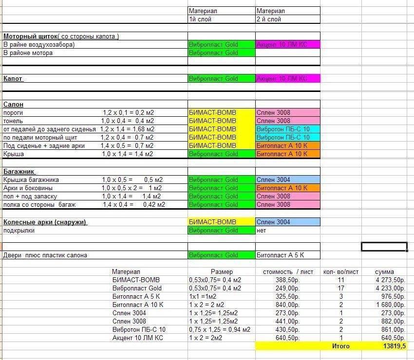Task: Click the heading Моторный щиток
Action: point(30,36)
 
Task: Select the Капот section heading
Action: point(13,78)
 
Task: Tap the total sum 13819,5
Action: point(394,346)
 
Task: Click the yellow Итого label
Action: point(340,346)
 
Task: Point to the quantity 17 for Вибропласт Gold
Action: point(340,288)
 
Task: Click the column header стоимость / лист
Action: point(288,272)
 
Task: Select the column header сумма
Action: point(384,272)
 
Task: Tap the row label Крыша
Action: point(13,154)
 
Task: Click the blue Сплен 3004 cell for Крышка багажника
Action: point(287,180)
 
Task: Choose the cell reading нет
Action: point(262,231)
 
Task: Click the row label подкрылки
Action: point(19,231)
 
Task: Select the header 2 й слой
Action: point(269,19)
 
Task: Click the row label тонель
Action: point(13,121)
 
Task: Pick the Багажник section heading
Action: point(19,171)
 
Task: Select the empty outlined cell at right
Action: point(384,247)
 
